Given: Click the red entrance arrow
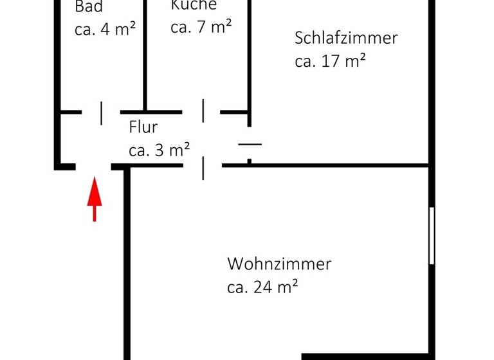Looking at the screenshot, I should (x=95, y=199).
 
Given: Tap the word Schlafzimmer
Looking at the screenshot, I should (x=346, y=38).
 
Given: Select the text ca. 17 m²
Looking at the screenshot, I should (x=331, y=62).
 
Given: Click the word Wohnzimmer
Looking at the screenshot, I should (x=279, y=264).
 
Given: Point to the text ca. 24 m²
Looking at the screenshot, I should (x=262, y=287).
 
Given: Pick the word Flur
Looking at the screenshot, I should (x=143, y=127).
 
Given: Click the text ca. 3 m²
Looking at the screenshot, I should (x=159, y=150).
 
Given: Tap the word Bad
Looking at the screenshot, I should (x=89, y=7).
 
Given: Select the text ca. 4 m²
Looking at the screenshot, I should (x=105, y=30).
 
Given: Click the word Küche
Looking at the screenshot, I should (x=194, y=5).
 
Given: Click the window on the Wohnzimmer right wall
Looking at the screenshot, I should (x=432, y=235).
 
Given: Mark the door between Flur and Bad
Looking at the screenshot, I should (x=101, y=113).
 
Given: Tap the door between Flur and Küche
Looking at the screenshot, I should (x=203, y=111).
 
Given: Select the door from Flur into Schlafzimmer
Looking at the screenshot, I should (x=250, y=145).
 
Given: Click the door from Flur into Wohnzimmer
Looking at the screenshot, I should (x=203, y=167).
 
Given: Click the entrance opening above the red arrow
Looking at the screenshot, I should (x=94, y=166).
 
